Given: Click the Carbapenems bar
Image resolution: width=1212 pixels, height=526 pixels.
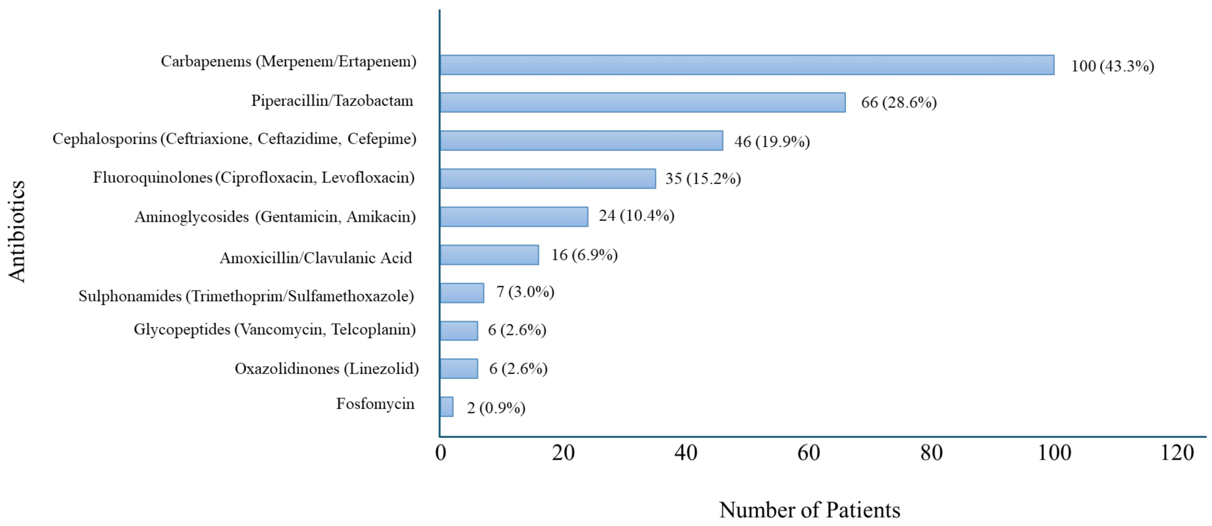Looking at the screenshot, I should [x=747, y=65].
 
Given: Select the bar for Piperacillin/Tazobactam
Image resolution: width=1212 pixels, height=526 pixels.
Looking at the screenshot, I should [x=642, y=103].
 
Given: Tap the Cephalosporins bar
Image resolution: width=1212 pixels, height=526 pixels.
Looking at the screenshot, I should [x=581, y=141].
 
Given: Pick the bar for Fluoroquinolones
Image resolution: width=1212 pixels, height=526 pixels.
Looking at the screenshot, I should [x=548, y=179].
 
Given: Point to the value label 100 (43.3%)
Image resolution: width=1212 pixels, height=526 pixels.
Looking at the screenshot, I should [x=1112, y=66].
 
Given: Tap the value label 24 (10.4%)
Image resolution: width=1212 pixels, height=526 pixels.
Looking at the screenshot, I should [x=636, y=215].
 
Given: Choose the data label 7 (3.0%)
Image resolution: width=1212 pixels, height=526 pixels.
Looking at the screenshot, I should [x=525, y=292].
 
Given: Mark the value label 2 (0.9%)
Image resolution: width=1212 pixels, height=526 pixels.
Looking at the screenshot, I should [x=496, y=407].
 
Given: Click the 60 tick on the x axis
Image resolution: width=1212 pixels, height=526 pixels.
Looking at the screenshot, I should [x=808, y=453].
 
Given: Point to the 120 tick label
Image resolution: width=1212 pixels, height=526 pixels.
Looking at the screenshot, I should [x=1177, y=453].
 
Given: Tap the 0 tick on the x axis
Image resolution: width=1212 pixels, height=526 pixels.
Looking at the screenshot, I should [x=440, y=453].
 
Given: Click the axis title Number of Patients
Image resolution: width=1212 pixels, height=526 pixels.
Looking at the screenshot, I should [x=809, y=510].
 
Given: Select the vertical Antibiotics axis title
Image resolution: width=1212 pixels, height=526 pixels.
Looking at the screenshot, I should [x=17, y=231].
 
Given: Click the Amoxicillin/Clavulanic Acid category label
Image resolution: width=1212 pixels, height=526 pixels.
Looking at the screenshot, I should [x=316, y=258].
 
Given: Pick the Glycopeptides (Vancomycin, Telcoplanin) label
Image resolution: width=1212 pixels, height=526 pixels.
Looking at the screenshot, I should [x=275, y=329].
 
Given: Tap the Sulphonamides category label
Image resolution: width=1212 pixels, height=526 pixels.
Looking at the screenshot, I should [x=246, y=296].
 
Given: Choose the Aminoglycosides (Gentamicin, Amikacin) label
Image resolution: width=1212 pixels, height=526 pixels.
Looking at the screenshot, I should [x=275, y=217].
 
